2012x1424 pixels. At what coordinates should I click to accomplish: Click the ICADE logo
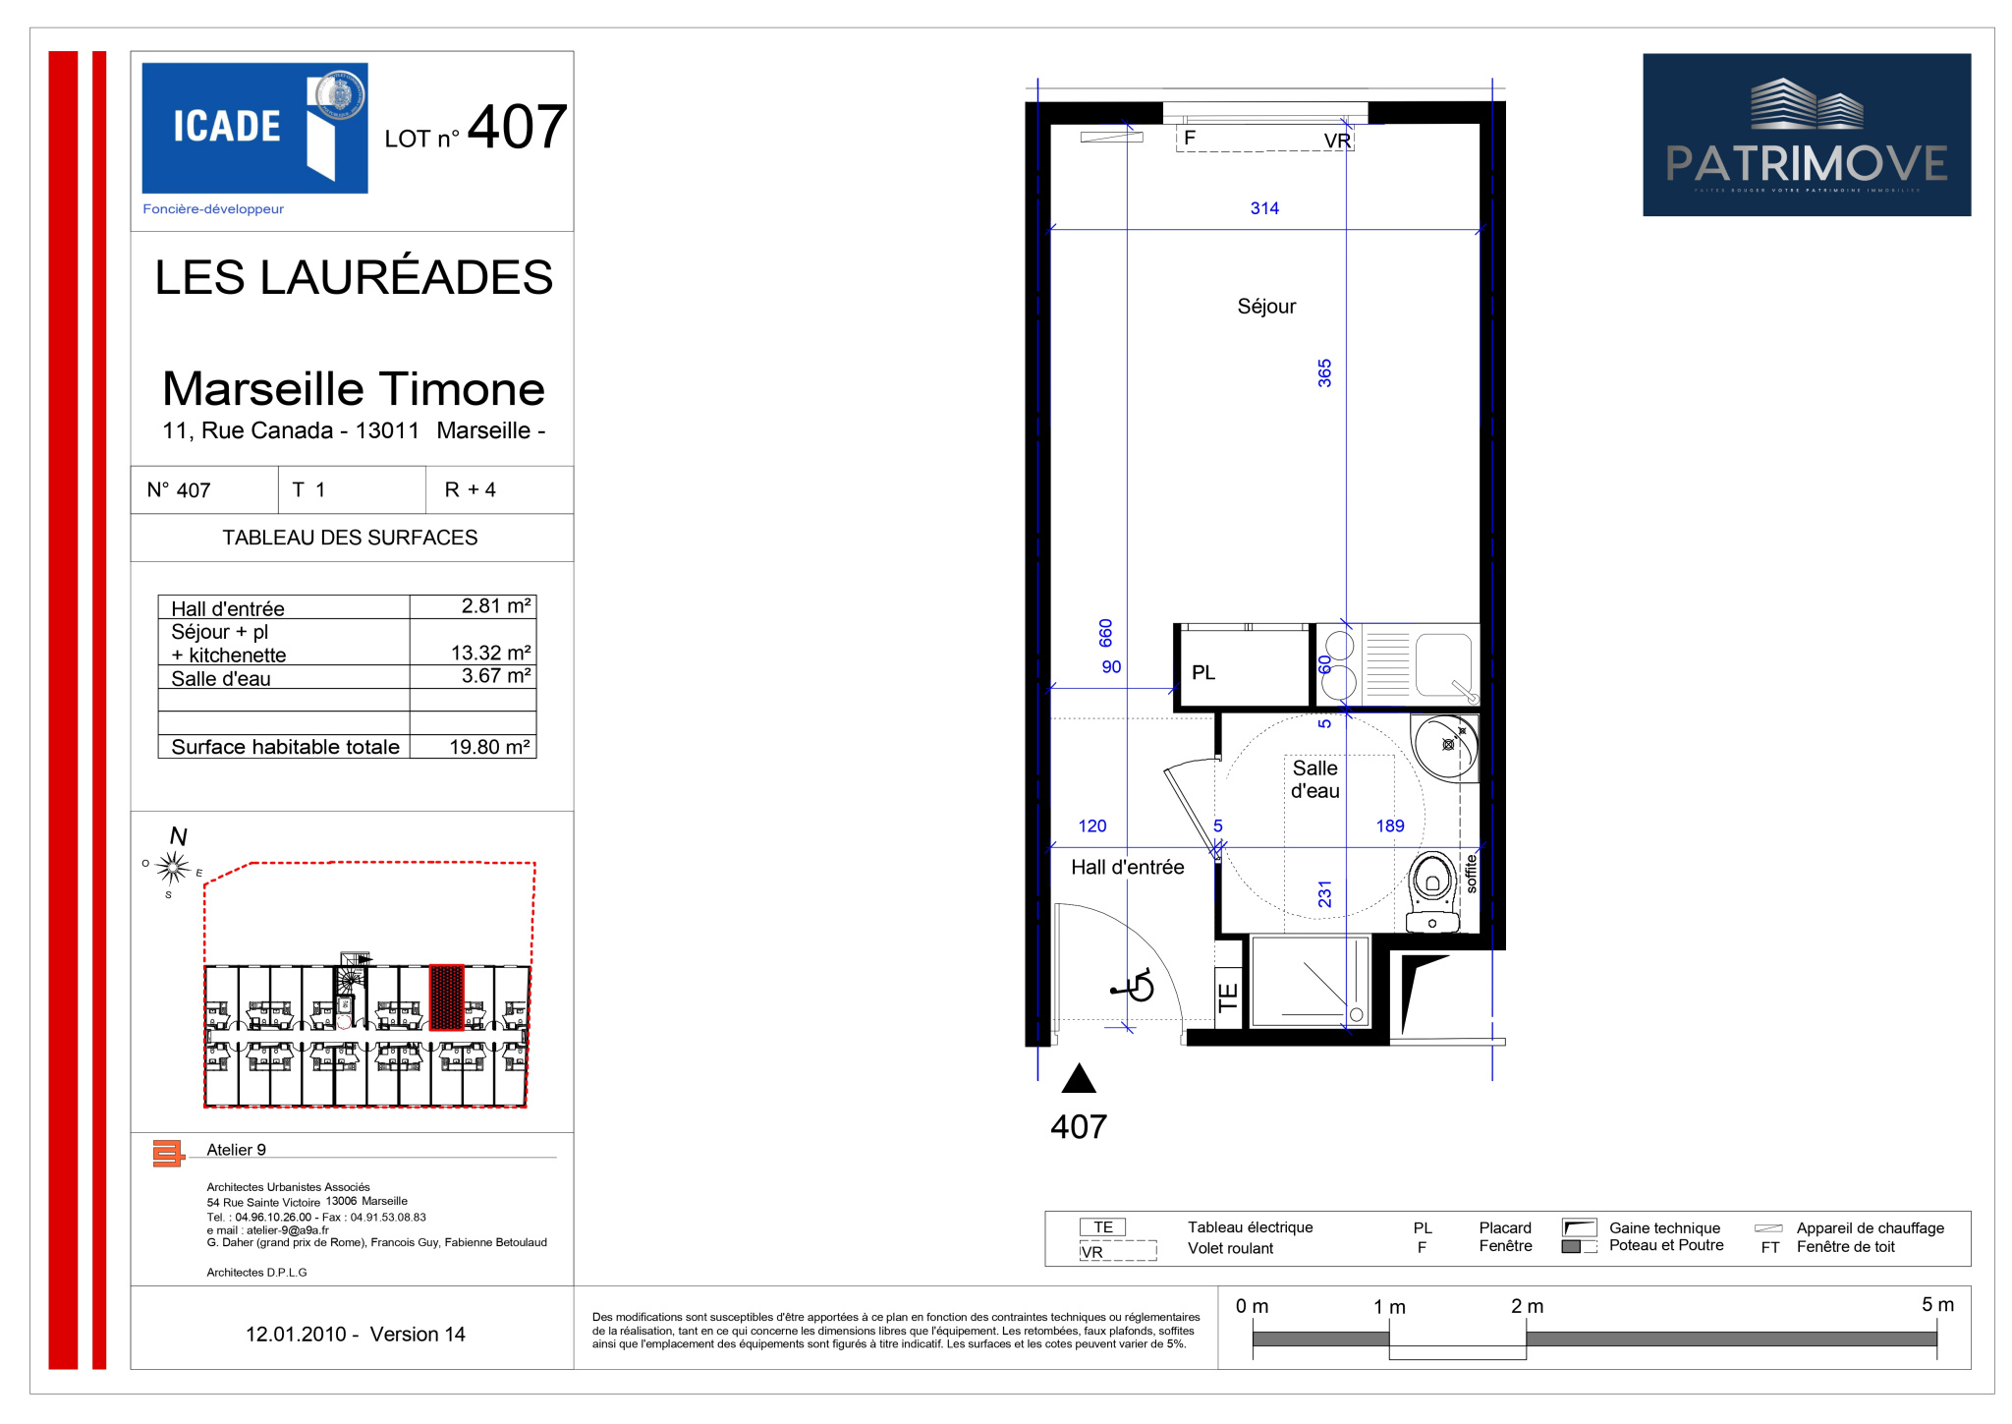click(254, 128)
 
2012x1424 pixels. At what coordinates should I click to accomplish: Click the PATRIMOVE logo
click(1806, 135)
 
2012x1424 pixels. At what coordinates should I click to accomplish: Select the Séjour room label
click(1266, 307)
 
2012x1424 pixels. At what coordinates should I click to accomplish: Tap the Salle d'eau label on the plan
click(1314, 779)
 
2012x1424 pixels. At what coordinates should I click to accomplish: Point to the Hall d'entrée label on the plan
click(1127, 867)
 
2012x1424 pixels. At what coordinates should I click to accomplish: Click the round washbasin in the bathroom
click(1445, 747)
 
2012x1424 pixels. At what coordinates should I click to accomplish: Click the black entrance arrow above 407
click(1079, 1078)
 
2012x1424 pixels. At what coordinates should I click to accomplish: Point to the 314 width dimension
click(1264, 208)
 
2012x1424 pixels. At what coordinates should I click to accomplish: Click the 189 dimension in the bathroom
click(1390, 826)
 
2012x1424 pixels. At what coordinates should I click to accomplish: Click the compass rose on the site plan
click(173, 867)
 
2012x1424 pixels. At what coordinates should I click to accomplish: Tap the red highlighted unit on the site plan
click(446, 997)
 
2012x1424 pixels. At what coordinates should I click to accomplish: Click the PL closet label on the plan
click(1203, 672)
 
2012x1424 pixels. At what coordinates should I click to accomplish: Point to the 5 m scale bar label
click(1937, 1304)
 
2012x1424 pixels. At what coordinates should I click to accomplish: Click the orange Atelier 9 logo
click(168, 1153)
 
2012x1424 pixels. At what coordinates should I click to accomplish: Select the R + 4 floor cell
click(470, 489)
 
